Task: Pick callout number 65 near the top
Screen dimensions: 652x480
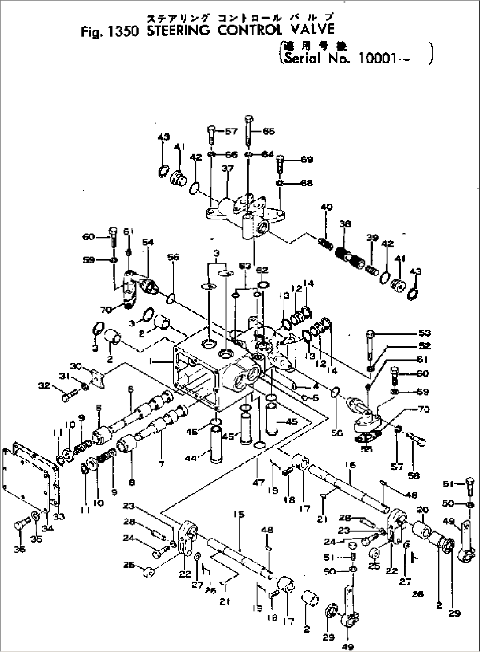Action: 268,131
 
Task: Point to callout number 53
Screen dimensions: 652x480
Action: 425,333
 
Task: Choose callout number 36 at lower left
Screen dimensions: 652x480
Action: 19,549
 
